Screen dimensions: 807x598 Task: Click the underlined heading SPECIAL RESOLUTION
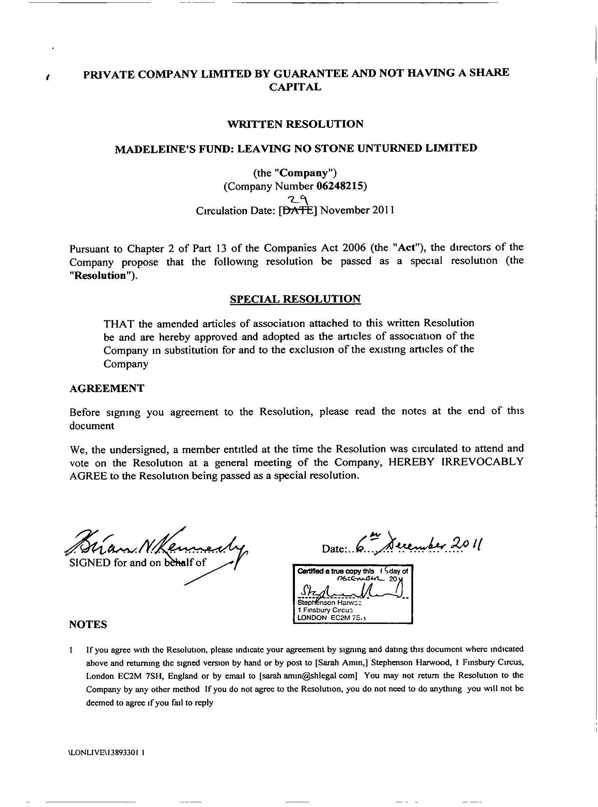click(295, 299)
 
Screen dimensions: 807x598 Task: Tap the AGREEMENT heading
click(107, 388)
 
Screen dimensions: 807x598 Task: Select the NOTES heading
click(88, 624)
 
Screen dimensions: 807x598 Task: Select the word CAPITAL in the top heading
click(295, 87)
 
